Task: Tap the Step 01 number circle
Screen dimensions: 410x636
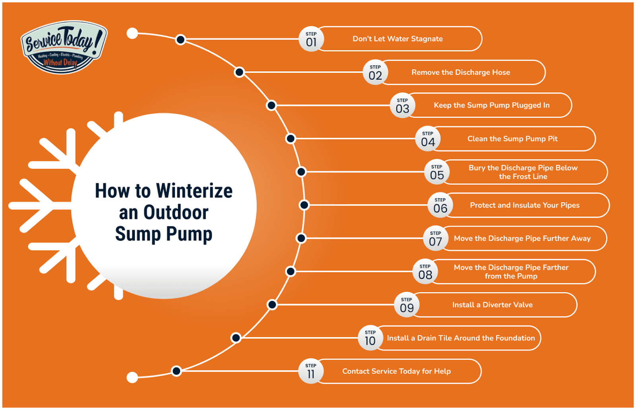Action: (x=311, y=39)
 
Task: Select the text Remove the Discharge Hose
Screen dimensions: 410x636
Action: (x=460, y=72)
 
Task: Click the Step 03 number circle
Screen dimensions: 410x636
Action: (x=402, y=106)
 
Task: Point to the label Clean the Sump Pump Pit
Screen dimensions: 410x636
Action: (x=512, y=139)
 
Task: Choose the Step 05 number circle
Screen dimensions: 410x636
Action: (x=436, y=172)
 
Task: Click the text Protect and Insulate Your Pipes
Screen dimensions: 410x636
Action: (x=524, y=205)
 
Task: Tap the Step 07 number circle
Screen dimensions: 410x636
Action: (x=435, y=239)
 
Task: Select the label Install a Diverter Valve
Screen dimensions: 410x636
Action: (x=492, y=305)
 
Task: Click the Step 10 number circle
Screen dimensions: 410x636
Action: (x=370, y=338)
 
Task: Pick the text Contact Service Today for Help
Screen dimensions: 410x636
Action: (x=396, y=371)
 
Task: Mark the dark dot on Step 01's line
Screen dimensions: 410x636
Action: (x=180, y=39)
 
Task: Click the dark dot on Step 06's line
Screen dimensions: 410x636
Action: (x=304, y=205)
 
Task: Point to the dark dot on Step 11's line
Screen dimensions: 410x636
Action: (x=176, y=371)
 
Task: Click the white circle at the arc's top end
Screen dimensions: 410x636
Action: (x=132, y=33)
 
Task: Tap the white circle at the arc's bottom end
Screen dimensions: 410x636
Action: (x=132, y=377)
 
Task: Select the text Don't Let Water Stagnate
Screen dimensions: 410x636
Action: (x=397, y=39)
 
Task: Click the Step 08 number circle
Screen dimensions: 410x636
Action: (x=425, y=272)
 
